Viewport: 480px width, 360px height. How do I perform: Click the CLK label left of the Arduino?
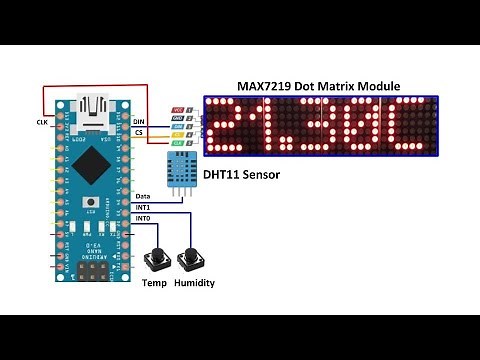(41, 122)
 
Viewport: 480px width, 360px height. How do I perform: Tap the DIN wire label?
(139, 122)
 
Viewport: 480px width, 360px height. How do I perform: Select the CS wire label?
(139, 132)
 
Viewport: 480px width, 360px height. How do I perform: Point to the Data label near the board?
(143, 195)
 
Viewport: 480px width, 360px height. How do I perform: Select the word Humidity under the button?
(195, 283)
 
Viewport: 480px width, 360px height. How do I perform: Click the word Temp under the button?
(155, 283)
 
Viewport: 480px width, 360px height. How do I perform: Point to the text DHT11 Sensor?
(239, 176)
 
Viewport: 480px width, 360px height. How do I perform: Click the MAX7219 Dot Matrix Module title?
(316, 87)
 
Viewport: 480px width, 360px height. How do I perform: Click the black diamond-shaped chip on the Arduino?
(94, 162)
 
